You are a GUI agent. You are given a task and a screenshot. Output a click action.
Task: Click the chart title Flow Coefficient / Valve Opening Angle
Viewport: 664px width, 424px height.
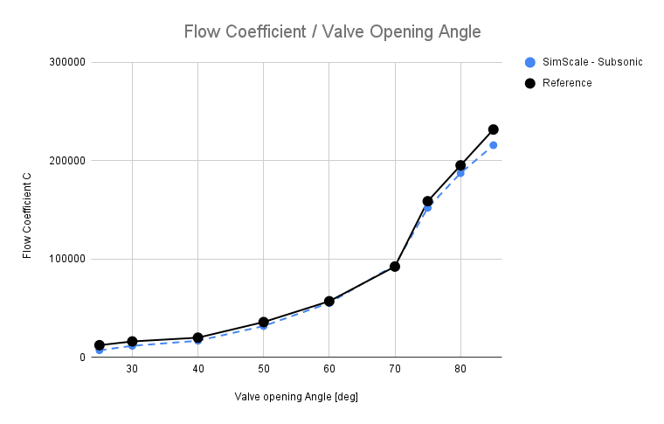[x=332, y=32]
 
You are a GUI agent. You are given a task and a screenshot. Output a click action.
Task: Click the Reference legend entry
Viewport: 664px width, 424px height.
[x=566, y=83]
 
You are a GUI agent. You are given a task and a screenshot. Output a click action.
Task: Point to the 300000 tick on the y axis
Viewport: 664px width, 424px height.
[x=66, y=63]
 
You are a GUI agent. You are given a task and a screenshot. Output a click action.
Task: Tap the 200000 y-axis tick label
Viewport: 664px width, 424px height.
[x=66, y=161]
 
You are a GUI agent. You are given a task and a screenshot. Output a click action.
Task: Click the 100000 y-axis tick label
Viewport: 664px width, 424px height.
[x=66, y=259]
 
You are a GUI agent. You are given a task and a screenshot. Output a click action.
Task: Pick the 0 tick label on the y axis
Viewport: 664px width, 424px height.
[x=80, y=358]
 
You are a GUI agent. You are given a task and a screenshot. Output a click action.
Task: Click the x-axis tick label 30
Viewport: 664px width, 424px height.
[x=132, y=370]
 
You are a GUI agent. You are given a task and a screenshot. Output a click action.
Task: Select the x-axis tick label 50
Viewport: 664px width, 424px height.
[x=263, y=370]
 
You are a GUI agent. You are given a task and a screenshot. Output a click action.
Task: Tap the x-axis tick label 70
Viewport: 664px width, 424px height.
[x=395, y=370]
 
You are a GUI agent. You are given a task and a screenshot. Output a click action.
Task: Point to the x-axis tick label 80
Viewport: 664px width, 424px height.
[x=460, y=370]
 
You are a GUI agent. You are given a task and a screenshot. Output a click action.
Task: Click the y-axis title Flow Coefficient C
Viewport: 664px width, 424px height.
[x=27, y=210]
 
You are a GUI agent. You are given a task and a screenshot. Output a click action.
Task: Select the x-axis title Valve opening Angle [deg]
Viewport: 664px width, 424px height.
[x=296, y=397]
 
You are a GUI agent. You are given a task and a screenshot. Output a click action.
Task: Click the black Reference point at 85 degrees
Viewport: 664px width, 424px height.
[x=493, y=129]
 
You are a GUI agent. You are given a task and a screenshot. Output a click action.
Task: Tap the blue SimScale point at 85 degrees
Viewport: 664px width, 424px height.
[x=493, y=145]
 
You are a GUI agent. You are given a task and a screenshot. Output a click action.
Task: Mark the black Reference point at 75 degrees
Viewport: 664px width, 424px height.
[x=427, y=201]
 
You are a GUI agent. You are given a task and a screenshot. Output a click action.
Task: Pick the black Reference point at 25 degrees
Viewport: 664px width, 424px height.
[x=100, y=345]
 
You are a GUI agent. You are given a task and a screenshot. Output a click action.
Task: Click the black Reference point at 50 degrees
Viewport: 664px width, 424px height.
[x=263, y=323]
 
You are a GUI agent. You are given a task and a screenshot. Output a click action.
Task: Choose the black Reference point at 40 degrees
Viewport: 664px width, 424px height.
[x=197, y=337]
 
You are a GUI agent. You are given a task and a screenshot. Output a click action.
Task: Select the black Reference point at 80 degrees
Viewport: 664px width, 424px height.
[x=460, y=165]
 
